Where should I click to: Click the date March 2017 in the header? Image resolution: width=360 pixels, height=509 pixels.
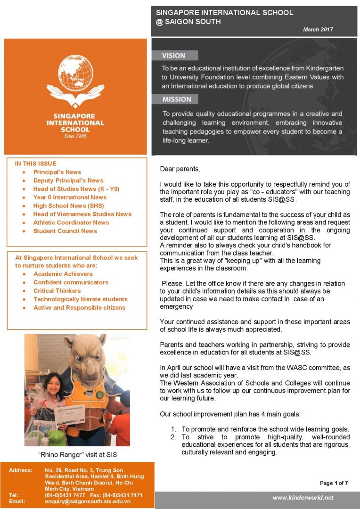[318, 29]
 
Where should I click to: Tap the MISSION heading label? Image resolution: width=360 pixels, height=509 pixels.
[177, 99]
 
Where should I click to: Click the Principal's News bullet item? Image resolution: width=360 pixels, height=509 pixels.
[57, 172]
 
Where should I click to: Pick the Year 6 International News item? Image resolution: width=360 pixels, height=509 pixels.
[70, 197]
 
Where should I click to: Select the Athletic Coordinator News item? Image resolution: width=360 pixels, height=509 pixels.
[71, 222]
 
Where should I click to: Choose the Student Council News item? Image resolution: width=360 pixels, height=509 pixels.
[65, 231]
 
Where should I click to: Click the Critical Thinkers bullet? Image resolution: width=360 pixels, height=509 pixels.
[57, 291]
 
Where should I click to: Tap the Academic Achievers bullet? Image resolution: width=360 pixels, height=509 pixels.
[63, 274]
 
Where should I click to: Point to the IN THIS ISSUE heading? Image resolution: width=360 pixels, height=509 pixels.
[35, 164]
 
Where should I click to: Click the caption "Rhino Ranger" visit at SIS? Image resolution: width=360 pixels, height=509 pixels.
[77, 455]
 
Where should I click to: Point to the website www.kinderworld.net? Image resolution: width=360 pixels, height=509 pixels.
[303, 498]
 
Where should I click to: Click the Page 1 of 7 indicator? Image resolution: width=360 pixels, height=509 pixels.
[334, 483]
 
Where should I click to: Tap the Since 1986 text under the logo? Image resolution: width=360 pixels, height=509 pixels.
[75, 136]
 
